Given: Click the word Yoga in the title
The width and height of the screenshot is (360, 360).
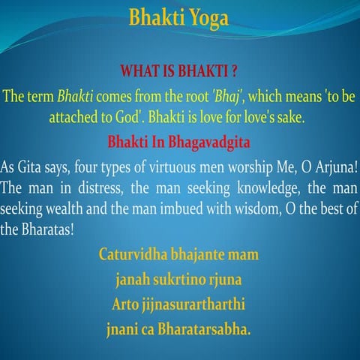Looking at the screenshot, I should click(205, 17).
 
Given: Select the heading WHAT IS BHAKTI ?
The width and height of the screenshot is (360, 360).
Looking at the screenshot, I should click(179, 73).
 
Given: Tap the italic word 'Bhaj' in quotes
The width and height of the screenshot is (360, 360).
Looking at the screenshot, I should click(227, 97).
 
